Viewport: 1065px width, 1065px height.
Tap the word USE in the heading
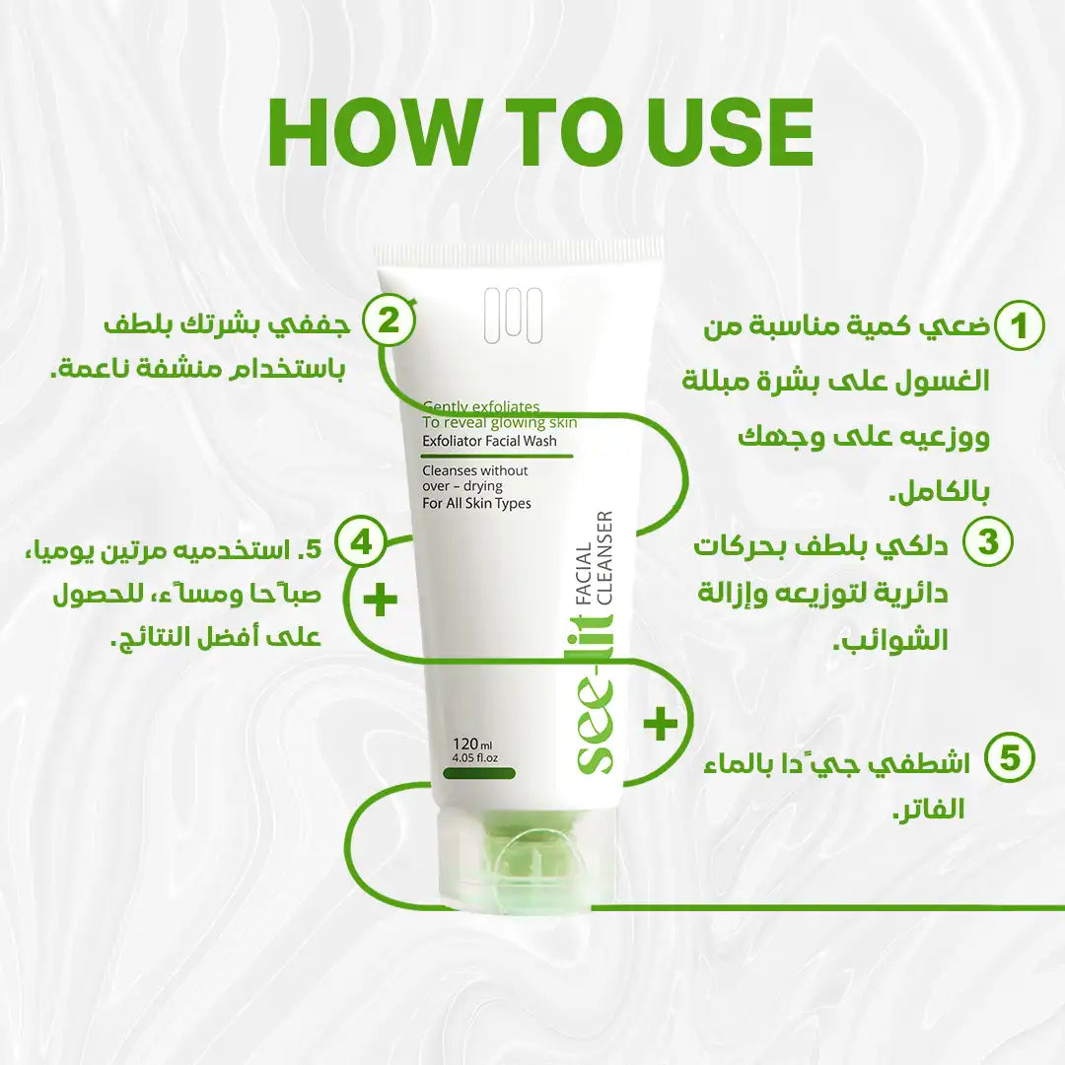click(x=729, y=132)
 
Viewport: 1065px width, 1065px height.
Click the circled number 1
click(x=1018, y=326)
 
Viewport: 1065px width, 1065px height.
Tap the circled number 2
click(x=388, y=319)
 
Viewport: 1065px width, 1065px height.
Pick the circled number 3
click(x=987, y=541)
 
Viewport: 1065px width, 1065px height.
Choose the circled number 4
click(x=361, y=543)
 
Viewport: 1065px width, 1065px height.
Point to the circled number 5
click(x=1010, y=758)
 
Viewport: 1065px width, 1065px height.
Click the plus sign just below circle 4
click(x=381, y=600)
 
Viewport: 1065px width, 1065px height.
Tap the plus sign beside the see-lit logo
click(x=661, y=724)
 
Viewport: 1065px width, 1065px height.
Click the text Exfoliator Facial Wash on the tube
click(x=489, y=441)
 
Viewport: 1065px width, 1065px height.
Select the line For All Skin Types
click(x=476, y=503)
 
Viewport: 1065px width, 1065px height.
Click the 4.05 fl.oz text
click(x=474, y=757)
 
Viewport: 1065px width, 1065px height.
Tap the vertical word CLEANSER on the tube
click(x=603, y=557)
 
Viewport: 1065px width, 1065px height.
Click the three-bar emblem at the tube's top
click(x=513, y=316)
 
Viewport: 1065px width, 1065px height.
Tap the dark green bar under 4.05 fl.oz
click(x=479, y=773)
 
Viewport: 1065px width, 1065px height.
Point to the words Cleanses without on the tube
click(x=474, y=470)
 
